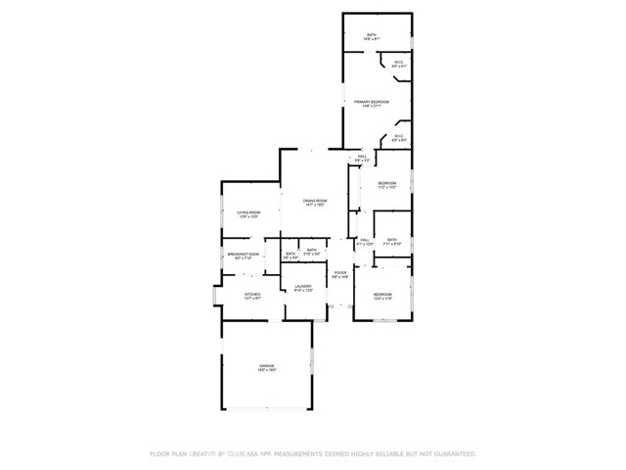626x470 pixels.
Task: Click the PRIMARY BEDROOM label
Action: pos(372,102)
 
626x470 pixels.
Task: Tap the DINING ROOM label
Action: pos(315,201)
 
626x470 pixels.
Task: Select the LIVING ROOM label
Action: pos(247,212)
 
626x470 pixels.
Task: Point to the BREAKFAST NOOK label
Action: pos(243,255)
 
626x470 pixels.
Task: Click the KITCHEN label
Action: pos(251,294)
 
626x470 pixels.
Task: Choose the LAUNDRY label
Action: pos(303,286)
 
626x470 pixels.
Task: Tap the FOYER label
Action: pos(339,273)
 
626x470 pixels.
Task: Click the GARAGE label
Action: pos(266,366)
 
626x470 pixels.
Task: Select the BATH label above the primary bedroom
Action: pos(372,35)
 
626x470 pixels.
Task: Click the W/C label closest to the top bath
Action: pos(399,64)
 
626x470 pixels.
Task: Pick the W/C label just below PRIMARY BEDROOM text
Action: pos(399,136)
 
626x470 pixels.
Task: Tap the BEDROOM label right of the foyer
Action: pos(381,295)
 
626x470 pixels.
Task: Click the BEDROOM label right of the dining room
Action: pos(387,183)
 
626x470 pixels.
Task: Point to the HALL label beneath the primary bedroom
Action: pos(362,157)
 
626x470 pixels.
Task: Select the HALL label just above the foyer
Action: pos(365,240)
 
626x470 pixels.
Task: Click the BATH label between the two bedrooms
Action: pos(391,240)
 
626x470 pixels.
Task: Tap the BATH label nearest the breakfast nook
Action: pos(291,255)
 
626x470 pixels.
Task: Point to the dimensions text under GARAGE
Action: pos(266,371)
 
